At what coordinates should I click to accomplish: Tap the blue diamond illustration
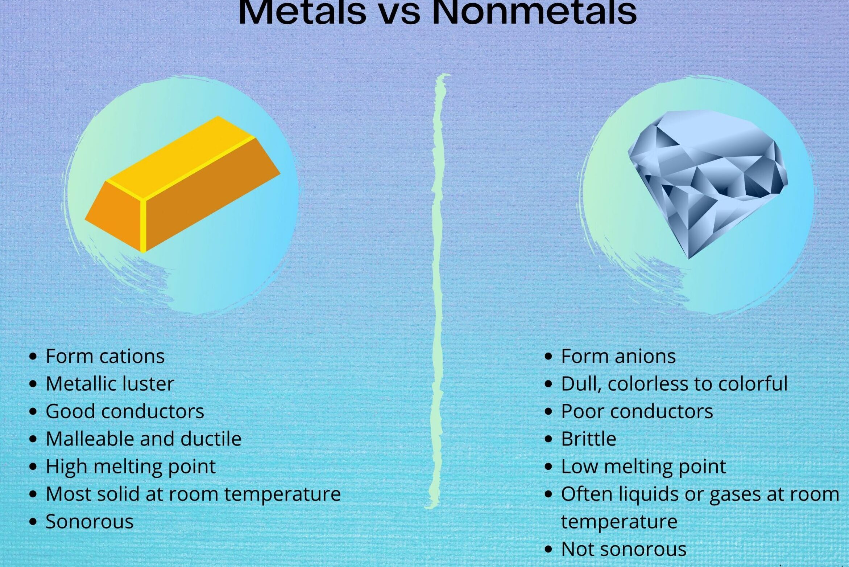[708, 184]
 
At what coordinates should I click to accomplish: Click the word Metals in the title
[302, 12]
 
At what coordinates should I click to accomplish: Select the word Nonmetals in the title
[535, 12]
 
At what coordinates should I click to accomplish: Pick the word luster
[148, 383]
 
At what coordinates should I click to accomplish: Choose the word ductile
[211, 439]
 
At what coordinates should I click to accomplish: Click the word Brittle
[589, 439]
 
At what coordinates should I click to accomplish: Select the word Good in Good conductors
[71, 411]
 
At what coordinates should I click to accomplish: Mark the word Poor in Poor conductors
[583, 411]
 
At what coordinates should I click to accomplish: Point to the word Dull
[581, 384]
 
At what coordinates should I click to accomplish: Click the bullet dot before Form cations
[33, 357]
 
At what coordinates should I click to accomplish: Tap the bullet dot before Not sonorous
[548, 550]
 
